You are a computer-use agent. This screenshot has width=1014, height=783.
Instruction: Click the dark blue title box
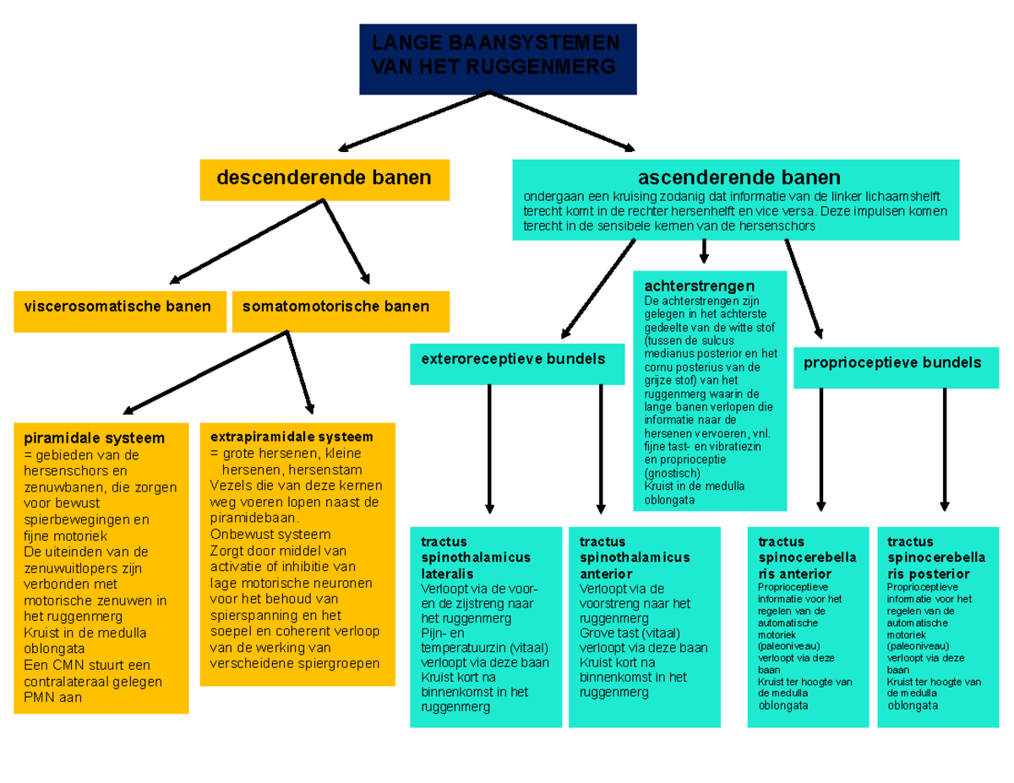[x=497, y=58]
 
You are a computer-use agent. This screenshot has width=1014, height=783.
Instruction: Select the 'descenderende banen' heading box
[x=324, y=178]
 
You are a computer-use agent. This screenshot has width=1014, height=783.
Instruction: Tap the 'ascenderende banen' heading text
[x=739, y=177]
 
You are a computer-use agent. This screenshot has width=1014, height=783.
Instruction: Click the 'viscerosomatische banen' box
[x=117, y=307]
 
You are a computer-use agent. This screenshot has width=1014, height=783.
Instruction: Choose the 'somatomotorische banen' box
[x=340, y=307]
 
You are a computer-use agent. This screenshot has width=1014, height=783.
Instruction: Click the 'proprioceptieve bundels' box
[x=892, y=363]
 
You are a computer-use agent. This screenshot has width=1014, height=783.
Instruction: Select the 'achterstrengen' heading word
[x=699, y=286]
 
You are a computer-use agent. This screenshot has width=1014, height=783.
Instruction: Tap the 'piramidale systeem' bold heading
[x=94, y=438]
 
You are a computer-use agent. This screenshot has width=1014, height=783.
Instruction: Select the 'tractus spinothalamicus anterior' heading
[x=635, y=557]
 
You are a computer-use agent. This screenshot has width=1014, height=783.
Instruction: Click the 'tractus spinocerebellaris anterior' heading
[x=807, y=557]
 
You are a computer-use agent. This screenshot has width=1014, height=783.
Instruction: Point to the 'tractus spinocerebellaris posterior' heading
[x=936, y=557]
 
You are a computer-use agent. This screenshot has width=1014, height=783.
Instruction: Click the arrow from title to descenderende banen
[x=414, y=119]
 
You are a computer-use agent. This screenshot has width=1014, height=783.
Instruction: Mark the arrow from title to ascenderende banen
[x=562, y=119]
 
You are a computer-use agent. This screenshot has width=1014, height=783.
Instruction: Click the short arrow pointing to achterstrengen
[x=703, y=251]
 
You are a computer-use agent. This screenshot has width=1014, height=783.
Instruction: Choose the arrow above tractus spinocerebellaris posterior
[x=944, y=448]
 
